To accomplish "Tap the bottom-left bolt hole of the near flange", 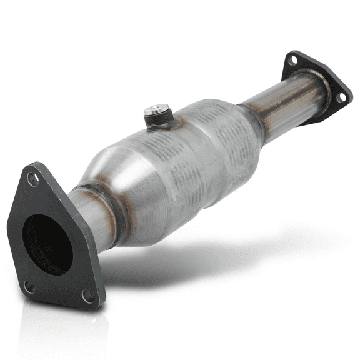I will coord(29,286).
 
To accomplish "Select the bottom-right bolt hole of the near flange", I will coord(88,297).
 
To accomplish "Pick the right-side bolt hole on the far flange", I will coord(341,97).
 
